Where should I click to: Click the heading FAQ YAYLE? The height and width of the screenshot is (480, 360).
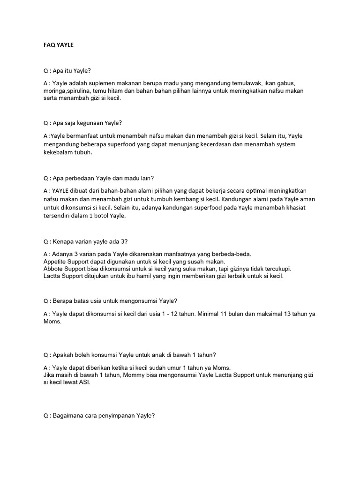click(x=58, y=45)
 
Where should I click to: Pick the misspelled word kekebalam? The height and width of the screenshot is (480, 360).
click(x=59, y=152)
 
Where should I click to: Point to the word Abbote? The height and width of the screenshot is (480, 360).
click(x=53, y=269)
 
